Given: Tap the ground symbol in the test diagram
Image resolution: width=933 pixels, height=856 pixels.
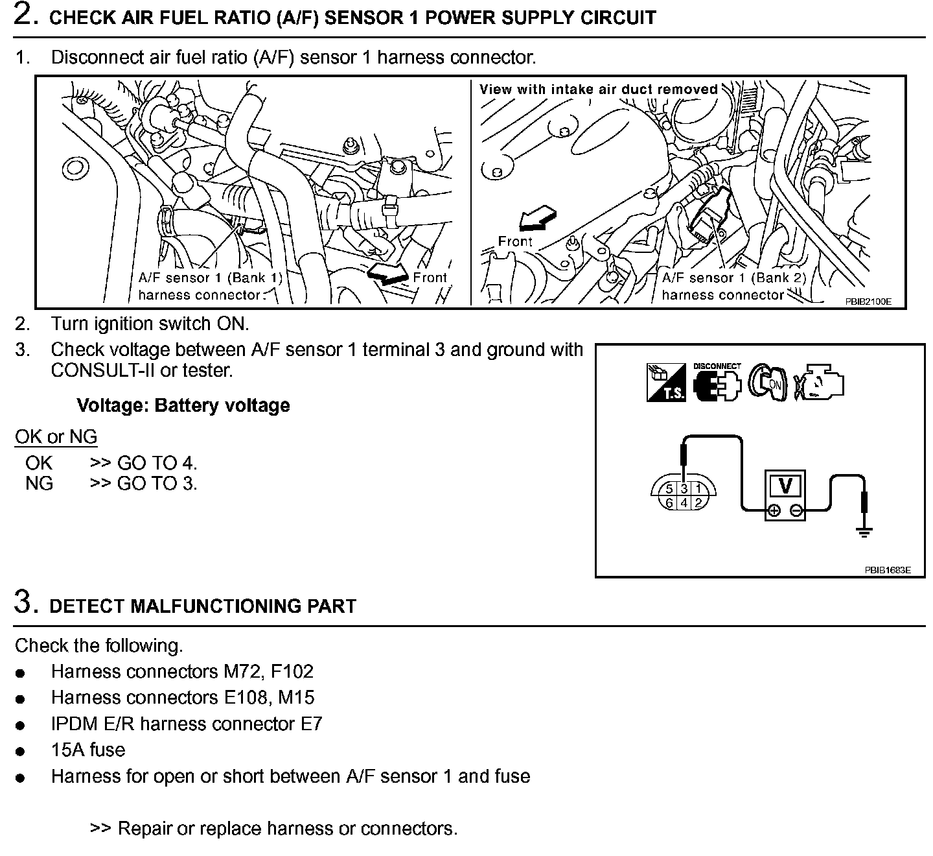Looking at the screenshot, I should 864,532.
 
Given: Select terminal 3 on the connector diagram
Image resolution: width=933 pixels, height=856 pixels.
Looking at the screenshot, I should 684,490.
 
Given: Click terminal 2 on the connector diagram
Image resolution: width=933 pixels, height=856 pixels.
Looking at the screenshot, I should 698,503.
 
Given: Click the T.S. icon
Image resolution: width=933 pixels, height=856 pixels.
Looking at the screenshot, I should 665,383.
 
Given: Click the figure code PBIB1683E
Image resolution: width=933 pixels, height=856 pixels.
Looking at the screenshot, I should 887,570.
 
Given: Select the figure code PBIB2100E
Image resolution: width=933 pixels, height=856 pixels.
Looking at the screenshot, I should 868,302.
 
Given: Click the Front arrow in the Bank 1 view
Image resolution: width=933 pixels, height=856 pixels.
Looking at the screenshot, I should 387,274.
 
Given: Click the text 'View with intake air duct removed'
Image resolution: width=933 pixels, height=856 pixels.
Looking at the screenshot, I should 599,89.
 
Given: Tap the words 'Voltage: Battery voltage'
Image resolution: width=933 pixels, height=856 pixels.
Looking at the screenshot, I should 183,405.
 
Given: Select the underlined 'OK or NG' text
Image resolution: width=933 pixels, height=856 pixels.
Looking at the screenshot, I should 56,436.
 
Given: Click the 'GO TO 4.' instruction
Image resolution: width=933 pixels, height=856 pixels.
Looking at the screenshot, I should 157,463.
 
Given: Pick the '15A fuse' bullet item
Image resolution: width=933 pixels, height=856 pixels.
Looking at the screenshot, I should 88,750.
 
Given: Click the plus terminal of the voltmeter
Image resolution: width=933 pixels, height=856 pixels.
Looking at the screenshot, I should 773,511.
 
